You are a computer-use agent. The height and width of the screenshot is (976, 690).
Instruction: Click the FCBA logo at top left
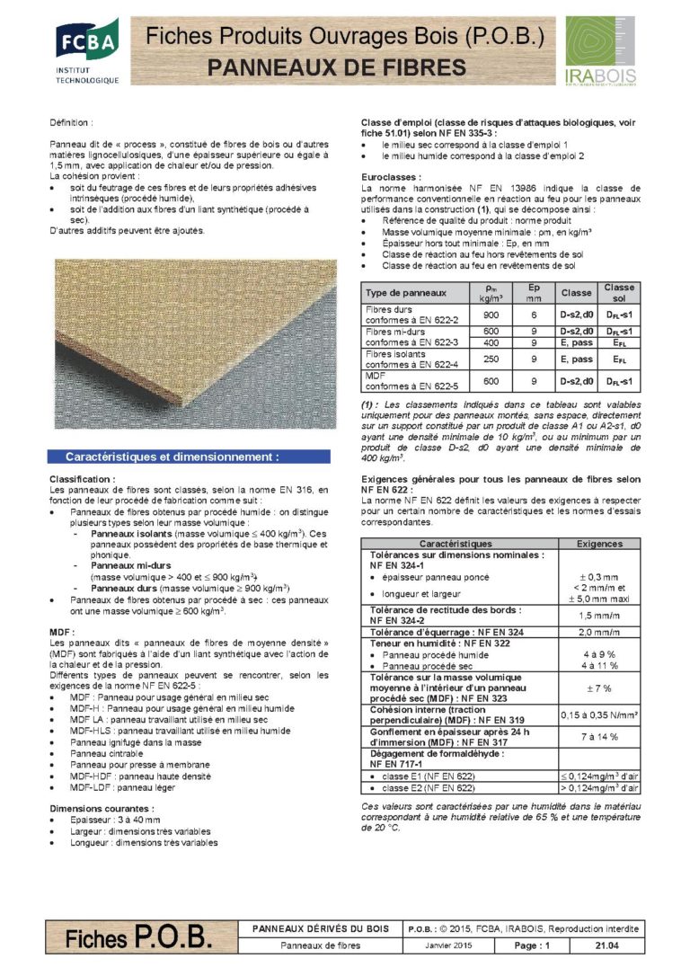86,52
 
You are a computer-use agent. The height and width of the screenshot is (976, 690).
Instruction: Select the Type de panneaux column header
405,293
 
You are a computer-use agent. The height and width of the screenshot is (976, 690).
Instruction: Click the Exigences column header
599,544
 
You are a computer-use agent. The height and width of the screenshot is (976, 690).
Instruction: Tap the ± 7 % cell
599,688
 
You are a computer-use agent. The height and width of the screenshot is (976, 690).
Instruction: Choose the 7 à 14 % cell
599,733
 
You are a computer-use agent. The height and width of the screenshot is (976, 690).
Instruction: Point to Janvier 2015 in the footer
448,945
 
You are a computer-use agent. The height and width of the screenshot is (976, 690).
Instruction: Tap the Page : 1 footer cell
532,945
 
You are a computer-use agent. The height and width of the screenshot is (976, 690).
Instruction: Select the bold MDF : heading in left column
61,633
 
